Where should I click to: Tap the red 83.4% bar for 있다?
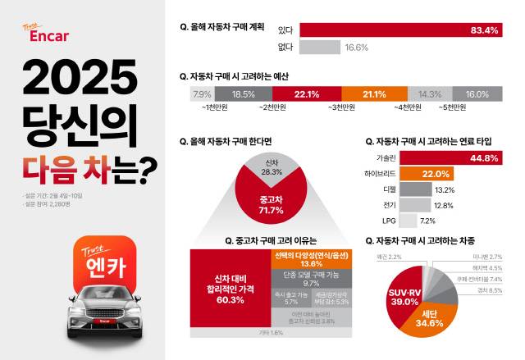coord(402,31)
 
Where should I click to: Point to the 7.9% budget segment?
coord(201,94)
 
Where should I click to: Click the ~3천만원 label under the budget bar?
coord(342,107)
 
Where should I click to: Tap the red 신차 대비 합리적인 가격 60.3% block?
coord(231,294)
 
